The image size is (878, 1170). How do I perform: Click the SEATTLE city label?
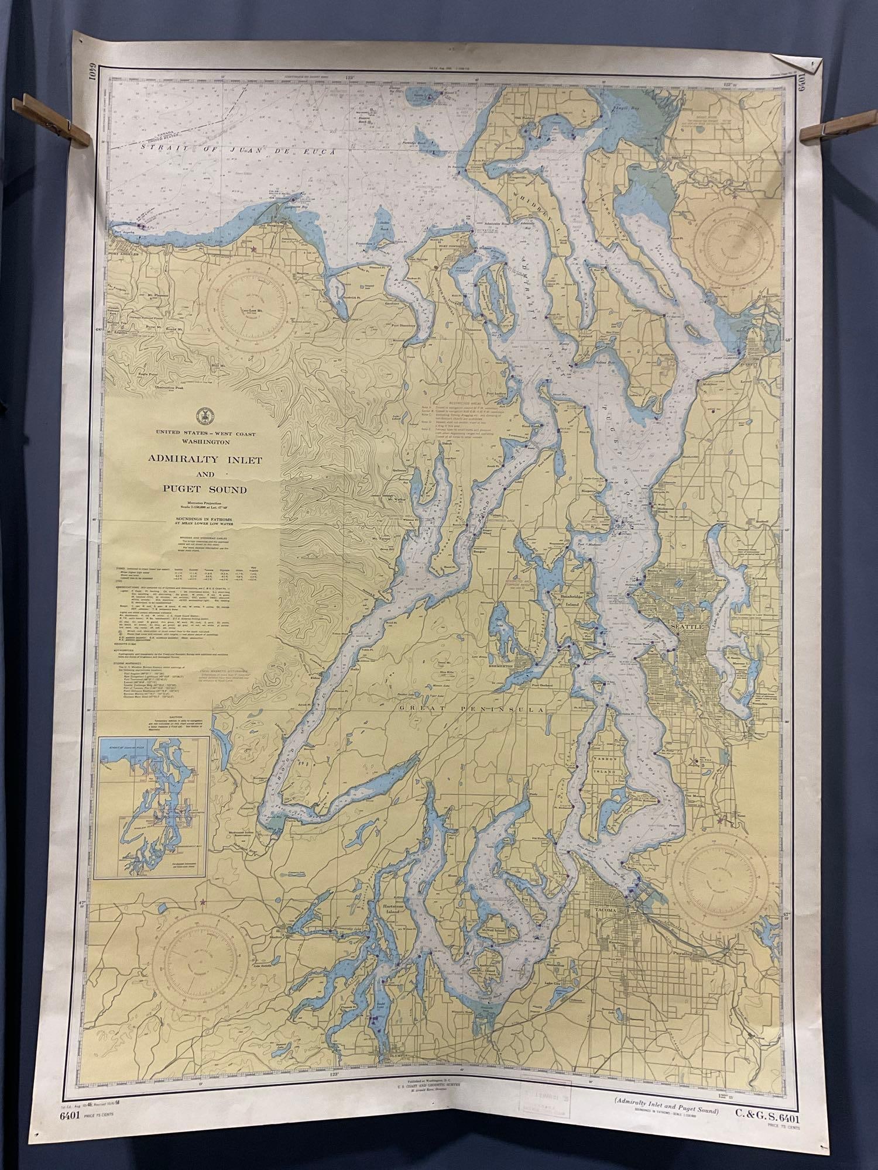click(x=685, y=626)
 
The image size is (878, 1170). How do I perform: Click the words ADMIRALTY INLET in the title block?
click(x=201, y=460)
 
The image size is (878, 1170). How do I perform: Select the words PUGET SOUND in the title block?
click(x=201, y=489)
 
